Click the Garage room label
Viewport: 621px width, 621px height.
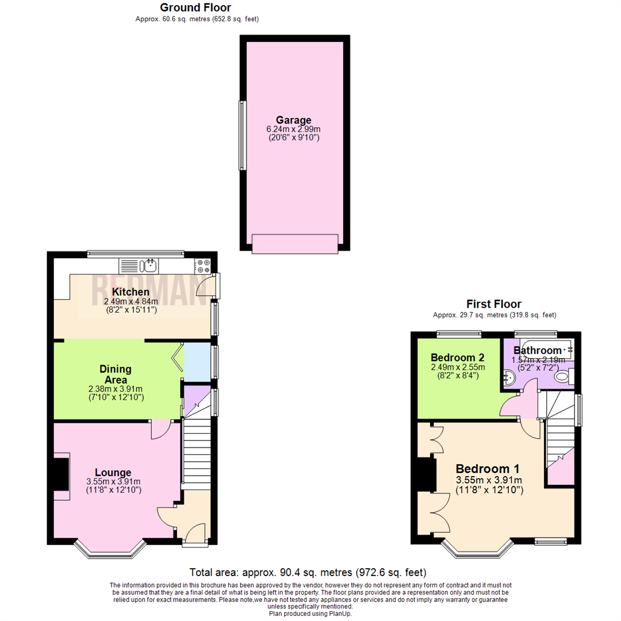pyautogui.click(x=293, y=120)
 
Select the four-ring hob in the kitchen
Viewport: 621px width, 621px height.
pyautogui.click(x=203, y=266)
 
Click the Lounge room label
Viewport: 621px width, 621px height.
pyautogui.click(x=113, y=473)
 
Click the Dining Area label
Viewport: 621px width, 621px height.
pyautogui.click(x=116, y=374)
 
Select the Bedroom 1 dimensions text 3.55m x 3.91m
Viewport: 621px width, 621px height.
pyautogui.click(x=489, y=480)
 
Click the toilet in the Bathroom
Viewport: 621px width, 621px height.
pyautogui.click(x=563, y=377)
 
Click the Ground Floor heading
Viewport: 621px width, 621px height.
pyautogui.click(x=195, y=7)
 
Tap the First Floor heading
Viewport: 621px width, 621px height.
pyautogui.click(x=494, y=304)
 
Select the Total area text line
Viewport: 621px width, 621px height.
pyautogui.click(x=308, y=572)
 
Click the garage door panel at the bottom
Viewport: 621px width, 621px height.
pyautogui.click(x=294, y=244)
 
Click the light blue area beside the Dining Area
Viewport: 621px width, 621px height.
pyautogui.click(x=197, y=362)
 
